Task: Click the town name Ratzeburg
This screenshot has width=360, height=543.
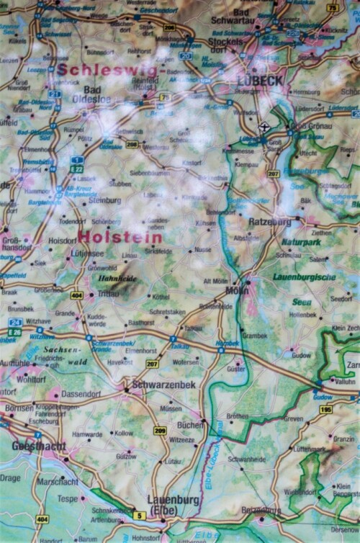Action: (269, 221)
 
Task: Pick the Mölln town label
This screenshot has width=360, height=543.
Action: (238, 290)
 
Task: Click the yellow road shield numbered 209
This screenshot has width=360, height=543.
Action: (160, 431)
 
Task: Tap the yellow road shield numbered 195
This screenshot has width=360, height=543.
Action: (325, 409)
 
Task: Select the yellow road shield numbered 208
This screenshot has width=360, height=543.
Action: (132, 144)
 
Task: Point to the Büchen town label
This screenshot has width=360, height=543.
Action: (191, 425)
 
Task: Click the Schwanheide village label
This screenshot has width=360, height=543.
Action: (246, 459)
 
